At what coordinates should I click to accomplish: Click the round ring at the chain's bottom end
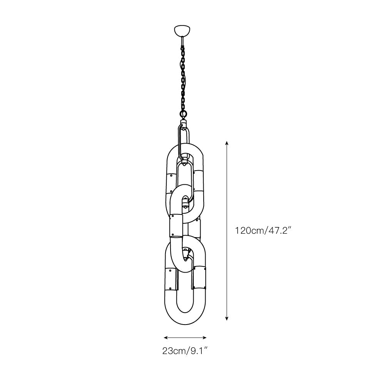183,114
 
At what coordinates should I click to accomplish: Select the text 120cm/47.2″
263,231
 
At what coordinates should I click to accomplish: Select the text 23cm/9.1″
185,351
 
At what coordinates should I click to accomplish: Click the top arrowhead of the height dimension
227,143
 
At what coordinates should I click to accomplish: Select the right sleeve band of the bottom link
200,276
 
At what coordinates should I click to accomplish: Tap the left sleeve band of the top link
171,183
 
